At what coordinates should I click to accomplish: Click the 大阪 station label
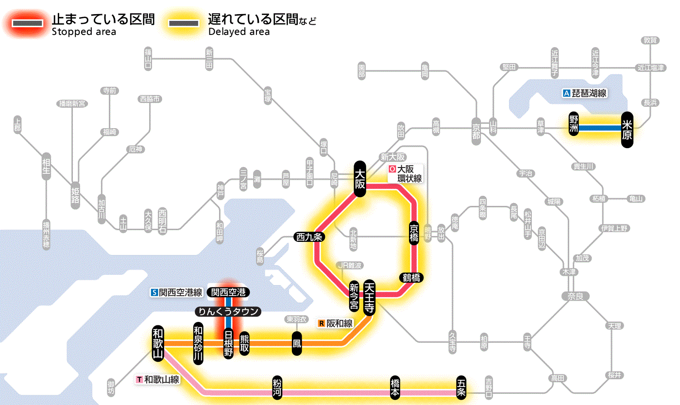coord(359,179)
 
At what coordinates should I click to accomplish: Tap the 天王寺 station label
coord(369,298)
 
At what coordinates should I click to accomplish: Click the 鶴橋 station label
coord(411,278)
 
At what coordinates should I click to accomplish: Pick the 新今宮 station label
coord(354,297)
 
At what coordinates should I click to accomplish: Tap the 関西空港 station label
coord(228,292)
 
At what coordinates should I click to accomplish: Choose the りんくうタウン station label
coord(228,311)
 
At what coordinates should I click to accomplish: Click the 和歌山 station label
coord(158,343)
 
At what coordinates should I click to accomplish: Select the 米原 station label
coord(627,129)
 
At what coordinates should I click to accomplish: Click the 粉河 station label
coord(277,388)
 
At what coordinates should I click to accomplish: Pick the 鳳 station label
coord(296,343)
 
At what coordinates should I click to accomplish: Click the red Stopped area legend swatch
coord(27,23)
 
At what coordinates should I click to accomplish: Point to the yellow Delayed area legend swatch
coord(183,23)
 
